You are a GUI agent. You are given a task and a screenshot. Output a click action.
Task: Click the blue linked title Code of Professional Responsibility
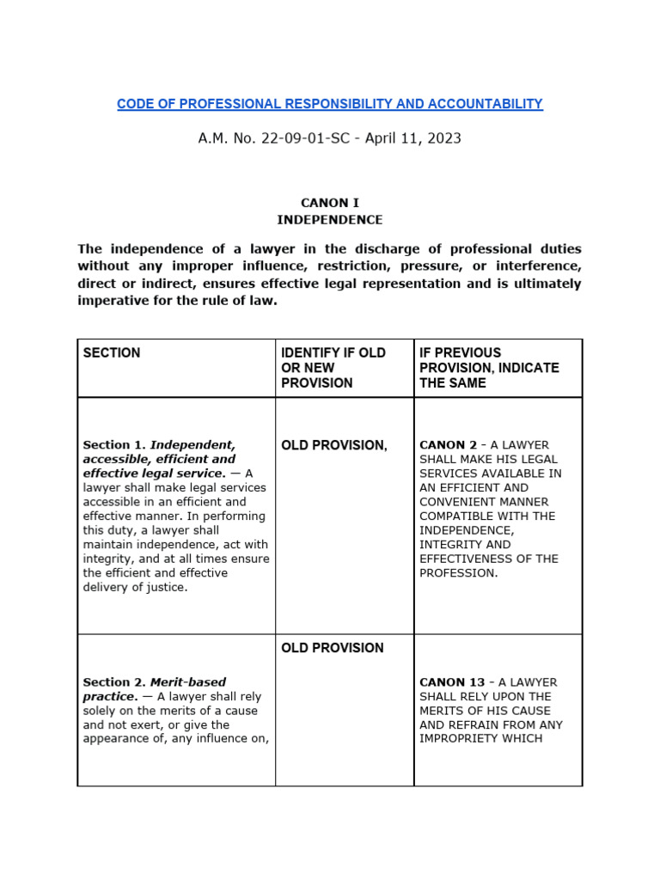329,104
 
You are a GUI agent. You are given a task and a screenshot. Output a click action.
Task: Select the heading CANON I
330,203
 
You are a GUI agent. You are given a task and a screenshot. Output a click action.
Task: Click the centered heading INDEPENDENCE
330,220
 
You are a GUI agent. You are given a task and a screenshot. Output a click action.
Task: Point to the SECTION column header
112,353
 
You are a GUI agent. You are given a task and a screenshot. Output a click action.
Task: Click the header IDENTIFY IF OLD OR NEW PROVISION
333,368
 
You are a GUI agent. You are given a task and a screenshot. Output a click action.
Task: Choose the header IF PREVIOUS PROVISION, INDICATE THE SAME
489,368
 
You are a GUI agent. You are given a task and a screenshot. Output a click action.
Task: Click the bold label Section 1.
114,445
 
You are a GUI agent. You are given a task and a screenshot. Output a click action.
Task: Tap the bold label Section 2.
114,682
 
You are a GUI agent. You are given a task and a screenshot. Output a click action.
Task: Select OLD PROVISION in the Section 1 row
334,445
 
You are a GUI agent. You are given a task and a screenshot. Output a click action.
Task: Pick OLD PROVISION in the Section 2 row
333,648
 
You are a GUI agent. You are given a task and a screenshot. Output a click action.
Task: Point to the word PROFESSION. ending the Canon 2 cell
459,573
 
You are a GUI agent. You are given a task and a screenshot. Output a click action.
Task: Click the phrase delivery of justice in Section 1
135,588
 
